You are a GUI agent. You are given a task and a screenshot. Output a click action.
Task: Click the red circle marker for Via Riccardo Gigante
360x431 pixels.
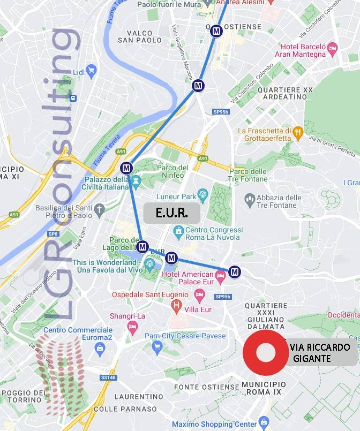[x=266, y=353]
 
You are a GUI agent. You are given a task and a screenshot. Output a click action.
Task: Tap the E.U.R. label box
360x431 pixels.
[x=171, y=213]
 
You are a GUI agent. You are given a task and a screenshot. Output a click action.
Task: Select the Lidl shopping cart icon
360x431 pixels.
[x=91, y=70]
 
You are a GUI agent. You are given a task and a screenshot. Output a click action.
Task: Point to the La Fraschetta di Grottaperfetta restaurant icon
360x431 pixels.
[x=298, y=132]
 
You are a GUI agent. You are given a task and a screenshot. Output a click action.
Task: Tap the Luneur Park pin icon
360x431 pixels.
[x=202, y=194]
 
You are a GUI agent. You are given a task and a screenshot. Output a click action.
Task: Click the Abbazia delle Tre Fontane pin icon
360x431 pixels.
[x=249, y=200]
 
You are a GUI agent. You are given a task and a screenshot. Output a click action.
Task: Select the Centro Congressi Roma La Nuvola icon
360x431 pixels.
[x=178, y=231]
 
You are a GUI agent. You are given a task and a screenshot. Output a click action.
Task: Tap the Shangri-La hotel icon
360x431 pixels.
[x=132, y=326]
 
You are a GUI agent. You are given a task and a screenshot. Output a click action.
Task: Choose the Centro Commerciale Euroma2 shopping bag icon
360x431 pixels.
[x=99, y=349]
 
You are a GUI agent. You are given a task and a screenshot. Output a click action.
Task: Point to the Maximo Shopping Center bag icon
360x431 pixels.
[x=263, y=422]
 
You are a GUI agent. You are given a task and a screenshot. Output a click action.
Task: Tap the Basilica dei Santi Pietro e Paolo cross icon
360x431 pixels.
[x=99, y=208]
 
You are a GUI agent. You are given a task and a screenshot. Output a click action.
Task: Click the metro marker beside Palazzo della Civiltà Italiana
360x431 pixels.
[x=126, y=168]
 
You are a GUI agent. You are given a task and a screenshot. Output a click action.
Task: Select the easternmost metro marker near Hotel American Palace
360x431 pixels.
[x=234, y=272]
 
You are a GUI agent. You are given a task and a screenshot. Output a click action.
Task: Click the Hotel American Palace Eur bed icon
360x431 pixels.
[x=220, y=276]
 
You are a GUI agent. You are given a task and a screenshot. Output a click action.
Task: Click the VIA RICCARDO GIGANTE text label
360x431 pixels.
[x=320, y=353]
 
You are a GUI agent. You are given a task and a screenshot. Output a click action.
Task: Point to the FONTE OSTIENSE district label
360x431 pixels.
[x=206, y=387]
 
